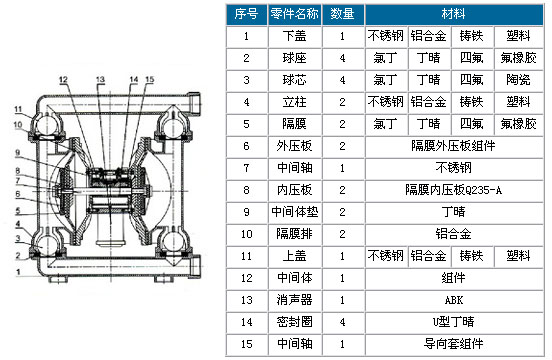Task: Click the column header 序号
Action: pos(246,14)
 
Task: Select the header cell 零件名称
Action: pos(295,14)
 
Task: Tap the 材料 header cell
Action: pos(454,14)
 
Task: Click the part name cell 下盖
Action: pos(295,36)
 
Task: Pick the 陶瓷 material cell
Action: pos(518,80)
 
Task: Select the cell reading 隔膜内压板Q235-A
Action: pos(454,190)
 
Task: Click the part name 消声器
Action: pos(295,300)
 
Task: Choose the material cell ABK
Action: pos(454,300)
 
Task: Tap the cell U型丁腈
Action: pos(454,322)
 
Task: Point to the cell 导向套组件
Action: pos(454,344)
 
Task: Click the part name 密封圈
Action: pos(295,322)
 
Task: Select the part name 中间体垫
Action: pos(295,212)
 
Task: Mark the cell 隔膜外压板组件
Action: pos(454,146)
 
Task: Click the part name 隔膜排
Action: pos(295,234)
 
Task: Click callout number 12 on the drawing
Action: pos(63,80)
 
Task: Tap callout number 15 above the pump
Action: pos(150,80)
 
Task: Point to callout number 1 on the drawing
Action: pos(18,272)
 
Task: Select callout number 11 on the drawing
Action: pos(18,109)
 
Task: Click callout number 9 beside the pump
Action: pos(18,153)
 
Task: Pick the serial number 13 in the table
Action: pos(246,300)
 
